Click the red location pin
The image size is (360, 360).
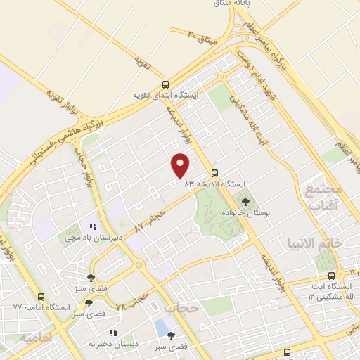(181, 165)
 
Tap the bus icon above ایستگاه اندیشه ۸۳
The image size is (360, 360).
(215, 172)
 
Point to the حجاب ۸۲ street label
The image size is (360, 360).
(149, 217)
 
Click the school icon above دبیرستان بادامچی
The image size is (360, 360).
(92, 226)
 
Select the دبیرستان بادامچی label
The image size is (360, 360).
(94, 238)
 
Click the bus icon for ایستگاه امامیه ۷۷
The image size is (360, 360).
(41, 297)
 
